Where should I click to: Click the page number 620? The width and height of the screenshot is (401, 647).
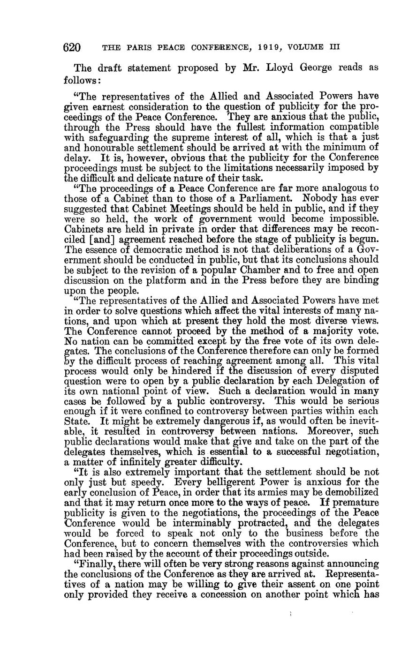click(x=72, y=47)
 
